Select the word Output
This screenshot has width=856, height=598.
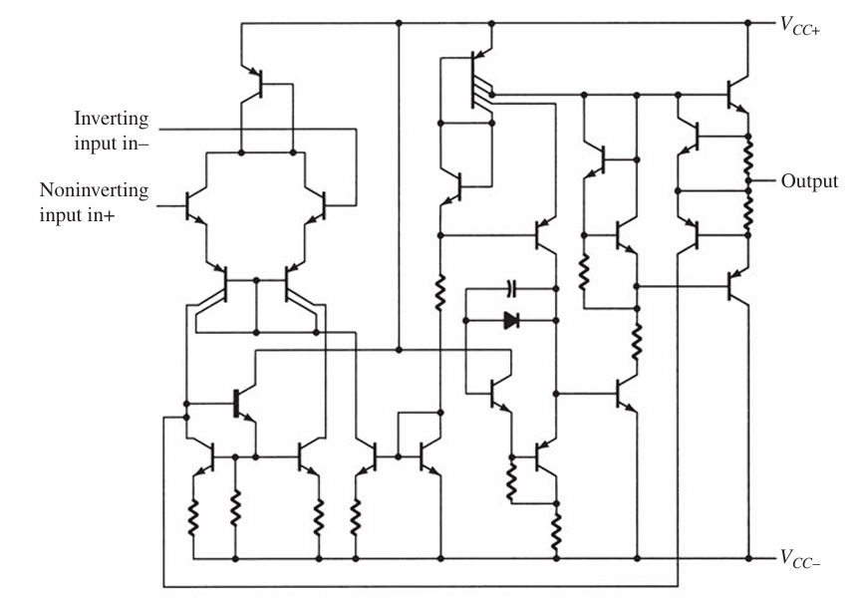[x=809, y=182]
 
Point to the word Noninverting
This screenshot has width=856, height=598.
[x=94, y=189]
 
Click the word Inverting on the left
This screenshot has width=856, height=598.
[x=111, y=120]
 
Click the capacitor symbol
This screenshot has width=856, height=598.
[x=510, y=288]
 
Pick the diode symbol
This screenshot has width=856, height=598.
[x=510, y=321]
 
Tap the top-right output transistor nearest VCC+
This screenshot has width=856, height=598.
[x=736, y=95]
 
